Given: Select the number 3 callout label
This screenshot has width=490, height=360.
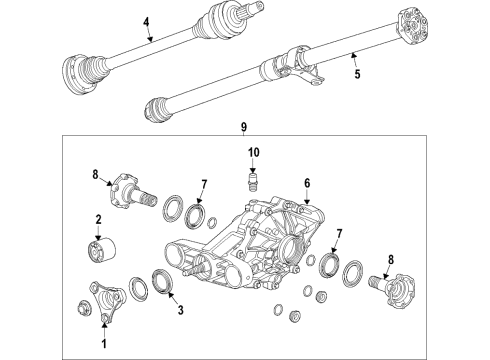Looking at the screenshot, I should click(179, 311).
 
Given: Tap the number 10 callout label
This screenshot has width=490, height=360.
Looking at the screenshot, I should click(253, 152).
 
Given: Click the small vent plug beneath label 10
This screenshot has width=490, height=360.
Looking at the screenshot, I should click(253, 182).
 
